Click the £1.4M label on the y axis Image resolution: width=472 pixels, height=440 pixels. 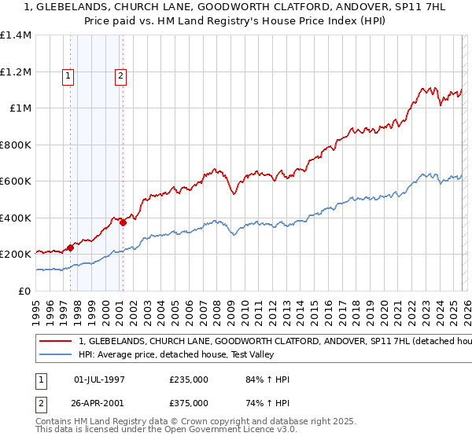pyautogui.click(x=15, y=35)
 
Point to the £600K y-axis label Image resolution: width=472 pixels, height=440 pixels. pyautogui.click(x=15, y=181)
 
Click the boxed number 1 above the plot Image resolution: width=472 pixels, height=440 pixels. pyautogui.click(x=68, y=76)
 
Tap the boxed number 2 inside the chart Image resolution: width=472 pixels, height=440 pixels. pyautogui.click(x=120, y=76)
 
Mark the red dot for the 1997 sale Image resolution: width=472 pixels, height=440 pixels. pyautogui.click(x=71, y=247)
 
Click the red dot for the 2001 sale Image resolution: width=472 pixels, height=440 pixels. pyautogui.click(x=124, y=222)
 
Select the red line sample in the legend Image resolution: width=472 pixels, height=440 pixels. pyautogui.click(x=55, y=342)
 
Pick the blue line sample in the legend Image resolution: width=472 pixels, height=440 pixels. pyautogui.click(x=55, y=354)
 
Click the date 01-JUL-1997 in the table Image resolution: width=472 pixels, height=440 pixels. pyautogui.click(x=100, y=379)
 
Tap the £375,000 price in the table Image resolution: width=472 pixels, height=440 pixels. pyautogui.click(x=189, y=402)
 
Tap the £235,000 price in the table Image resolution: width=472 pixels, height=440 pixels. pyautogui.click(x=189, y=379)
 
